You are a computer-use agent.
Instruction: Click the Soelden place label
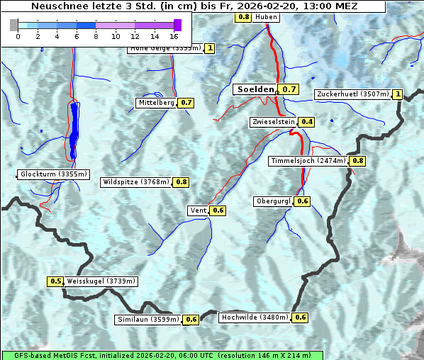pyautogui.click(x=255, y=89)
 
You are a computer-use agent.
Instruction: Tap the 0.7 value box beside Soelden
pyautogui.click(x=289, y=89)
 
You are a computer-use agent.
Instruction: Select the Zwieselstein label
pyautogui.click(x=273, y=122)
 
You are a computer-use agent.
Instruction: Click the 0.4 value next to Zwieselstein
pyautogui.click(x=307, y=122)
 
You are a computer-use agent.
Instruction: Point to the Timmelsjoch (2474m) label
pyautogui.click(x=308, y=161)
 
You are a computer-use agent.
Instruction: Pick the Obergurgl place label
pyautogui.click(x=273, y=201)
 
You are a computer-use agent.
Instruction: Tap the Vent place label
pyautogui.click(x=198, y=210)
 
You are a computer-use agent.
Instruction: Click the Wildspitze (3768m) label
pyautogui.click(x=136, y=182)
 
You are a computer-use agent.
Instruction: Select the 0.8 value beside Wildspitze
pyautogui.click(x=182, y=182)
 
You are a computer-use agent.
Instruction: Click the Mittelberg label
pyautogui.click(x=156, y=103)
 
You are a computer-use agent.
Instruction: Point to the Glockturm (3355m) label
pyautogui.click(x=54, y=174)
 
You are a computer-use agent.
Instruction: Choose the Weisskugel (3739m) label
pyautogui.click(x=101, y=281)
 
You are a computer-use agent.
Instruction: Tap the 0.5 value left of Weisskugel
pyautogui.click(x=56, y=281)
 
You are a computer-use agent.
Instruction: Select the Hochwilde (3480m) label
pyautogui.click(x=255, y=317)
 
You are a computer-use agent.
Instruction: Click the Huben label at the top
pyautogui.click(x=266, y=16)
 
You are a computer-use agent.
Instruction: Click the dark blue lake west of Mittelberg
pyautogui.click(x=74, y=130)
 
